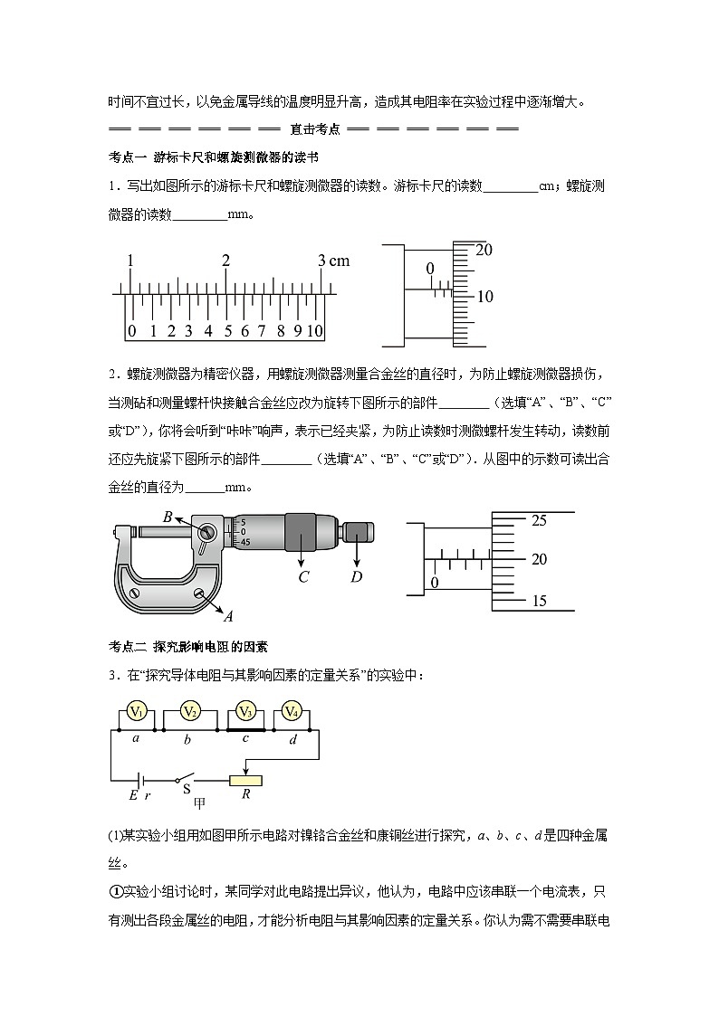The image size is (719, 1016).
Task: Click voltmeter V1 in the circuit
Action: (x=136, y=712)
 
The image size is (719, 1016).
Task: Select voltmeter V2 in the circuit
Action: (x=189, y=712)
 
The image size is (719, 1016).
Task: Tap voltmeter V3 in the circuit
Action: (x=244, y=712)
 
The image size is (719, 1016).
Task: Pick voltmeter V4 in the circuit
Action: (x=292, y=712)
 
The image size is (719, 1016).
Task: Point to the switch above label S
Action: (x=188, y=775)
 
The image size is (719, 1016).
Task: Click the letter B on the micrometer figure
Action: (x=168, y=517)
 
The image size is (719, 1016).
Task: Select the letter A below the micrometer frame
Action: (x=228, y=617)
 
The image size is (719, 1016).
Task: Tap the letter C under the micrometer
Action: (x=303, y=576)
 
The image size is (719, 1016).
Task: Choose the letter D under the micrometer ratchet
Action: (x=357, y=576)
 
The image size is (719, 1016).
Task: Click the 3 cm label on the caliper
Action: (x=333, y=261)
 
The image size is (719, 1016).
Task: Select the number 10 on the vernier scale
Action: (x=314, y=331)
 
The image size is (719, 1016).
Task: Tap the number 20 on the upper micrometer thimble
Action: (x=483, y=250)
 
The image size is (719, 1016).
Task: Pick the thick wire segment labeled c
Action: (x=244, y=728)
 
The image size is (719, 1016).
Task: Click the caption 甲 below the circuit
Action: (x=200, y=802)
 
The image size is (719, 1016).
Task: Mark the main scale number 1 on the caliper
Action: (x=131, y=261)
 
